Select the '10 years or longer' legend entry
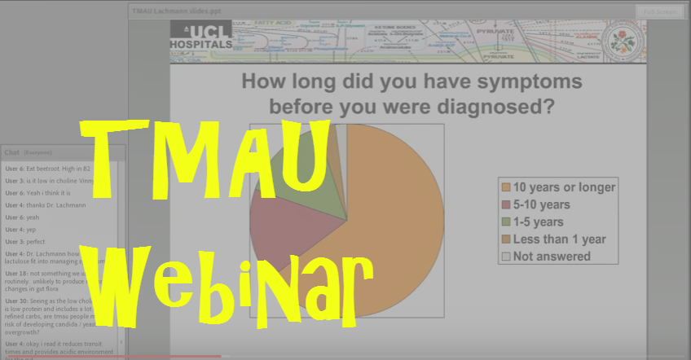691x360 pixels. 558,187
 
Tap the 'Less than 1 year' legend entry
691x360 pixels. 558,239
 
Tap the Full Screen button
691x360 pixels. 658,11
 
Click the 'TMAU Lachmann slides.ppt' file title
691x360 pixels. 177,11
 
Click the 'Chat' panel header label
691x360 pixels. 11,152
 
